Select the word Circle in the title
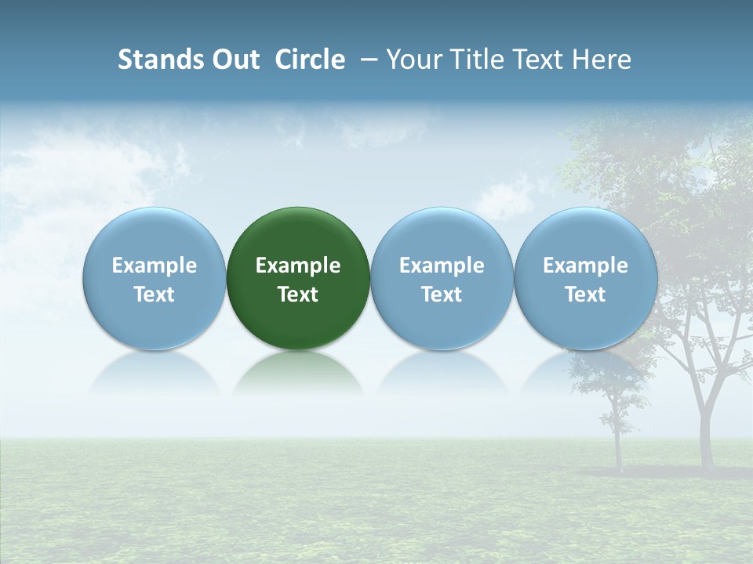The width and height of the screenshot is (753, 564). coord(310,60)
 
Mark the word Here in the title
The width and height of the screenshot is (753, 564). coord(602,60)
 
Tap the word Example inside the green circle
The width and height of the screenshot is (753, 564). coord(298,266)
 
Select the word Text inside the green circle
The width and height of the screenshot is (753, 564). coord(298,295)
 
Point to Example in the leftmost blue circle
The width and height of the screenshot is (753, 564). coord(155,266)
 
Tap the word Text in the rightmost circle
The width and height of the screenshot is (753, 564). coord(585,295)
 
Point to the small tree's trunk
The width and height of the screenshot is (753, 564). coord(617,446)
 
